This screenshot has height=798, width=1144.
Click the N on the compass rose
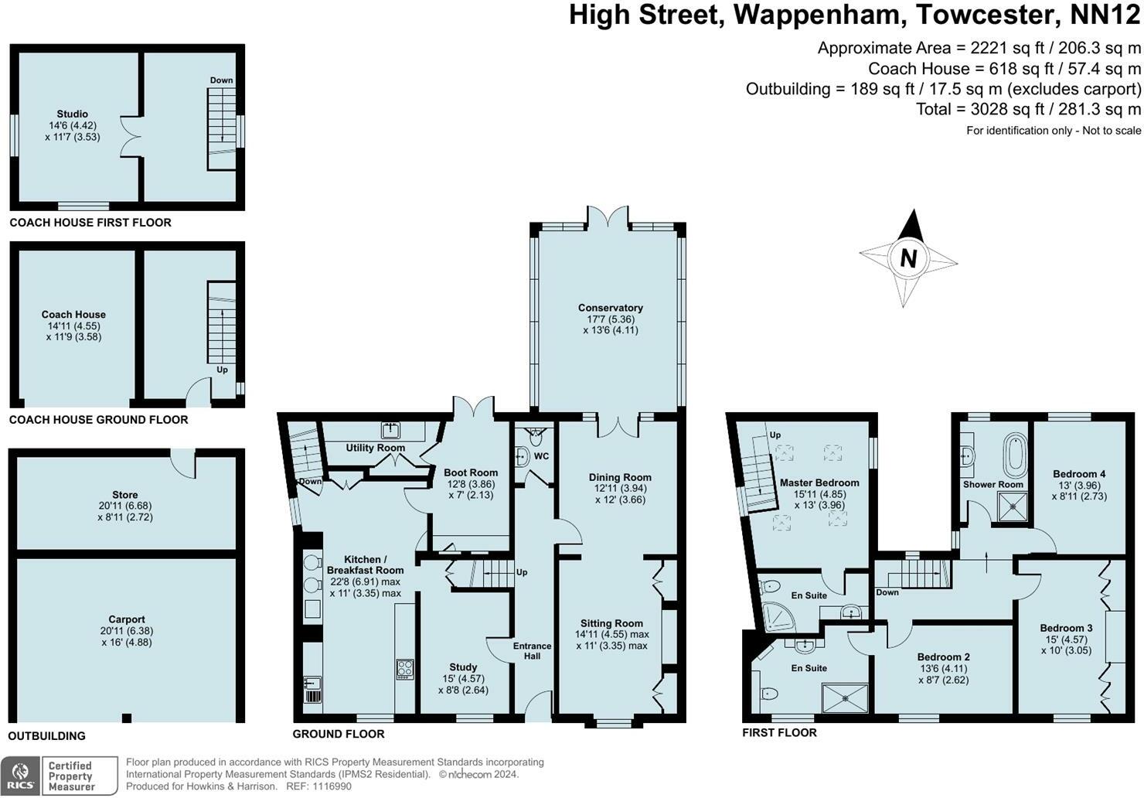point(908,258)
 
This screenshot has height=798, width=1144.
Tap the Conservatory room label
point(610,308)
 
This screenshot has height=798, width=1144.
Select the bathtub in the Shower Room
point(1012,456)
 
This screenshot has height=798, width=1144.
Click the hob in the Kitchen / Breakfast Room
point(404,669)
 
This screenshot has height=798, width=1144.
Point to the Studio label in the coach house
point(72,114)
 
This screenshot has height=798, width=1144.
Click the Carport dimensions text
point(127,636)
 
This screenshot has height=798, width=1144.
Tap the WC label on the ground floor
point(541,456)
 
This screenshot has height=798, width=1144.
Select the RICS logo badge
point(20,776)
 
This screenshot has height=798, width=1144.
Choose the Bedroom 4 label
point(1079,474)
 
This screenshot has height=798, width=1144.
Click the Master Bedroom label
point(819,483)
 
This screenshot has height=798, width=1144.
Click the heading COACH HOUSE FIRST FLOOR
point(90,223)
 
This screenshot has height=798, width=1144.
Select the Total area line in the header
point(1028,109)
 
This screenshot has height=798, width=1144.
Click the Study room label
point(463,667)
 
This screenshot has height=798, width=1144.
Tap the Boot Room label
point(471,472)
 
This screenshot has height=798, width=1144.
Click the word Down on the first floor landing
point(887,592)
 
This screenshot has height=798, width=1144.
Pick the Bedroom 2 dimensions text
point(943,680)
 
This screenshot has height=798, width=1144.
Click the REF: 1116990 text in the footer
point(316,786)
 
